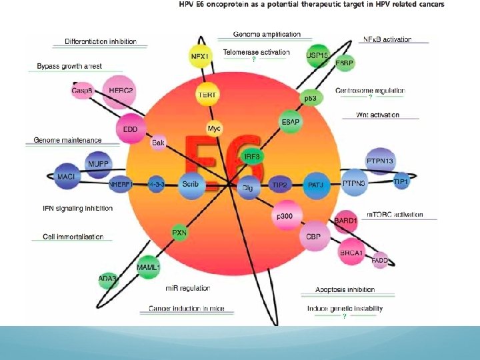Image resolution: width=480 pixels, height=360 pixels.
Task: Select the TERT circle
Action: pos(207,95)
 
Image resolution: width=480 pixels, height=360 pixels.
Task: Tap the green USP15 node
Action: pos(317,55)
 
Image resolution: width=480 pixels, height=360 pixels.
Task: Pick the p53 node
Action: pos(311,98)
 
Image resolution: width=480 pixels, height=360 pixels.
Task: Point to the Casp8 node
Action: pos(82,91)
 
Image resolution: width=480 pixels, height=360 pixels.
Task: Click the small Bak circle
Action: pos(158,143)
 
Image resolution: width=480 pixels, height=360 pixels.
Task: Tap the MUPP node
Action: pos(99,163)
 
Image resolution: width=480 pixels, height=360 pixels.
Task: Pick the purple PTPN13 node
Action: pos(381,161)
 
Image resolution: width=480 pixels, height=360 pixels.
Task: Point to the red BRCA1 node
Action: pos(351,253)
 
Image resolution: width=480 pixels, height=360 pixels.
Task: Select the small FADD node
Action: pos(380,261)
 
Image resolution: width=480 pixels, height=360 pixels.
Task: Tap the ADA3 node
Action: pos(107,279)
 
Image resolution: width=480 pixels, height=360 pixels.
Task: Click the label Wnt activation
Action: pos(378,115)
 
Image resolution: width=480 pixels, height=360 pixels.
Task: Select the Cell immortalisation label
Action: pos(73,237)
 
